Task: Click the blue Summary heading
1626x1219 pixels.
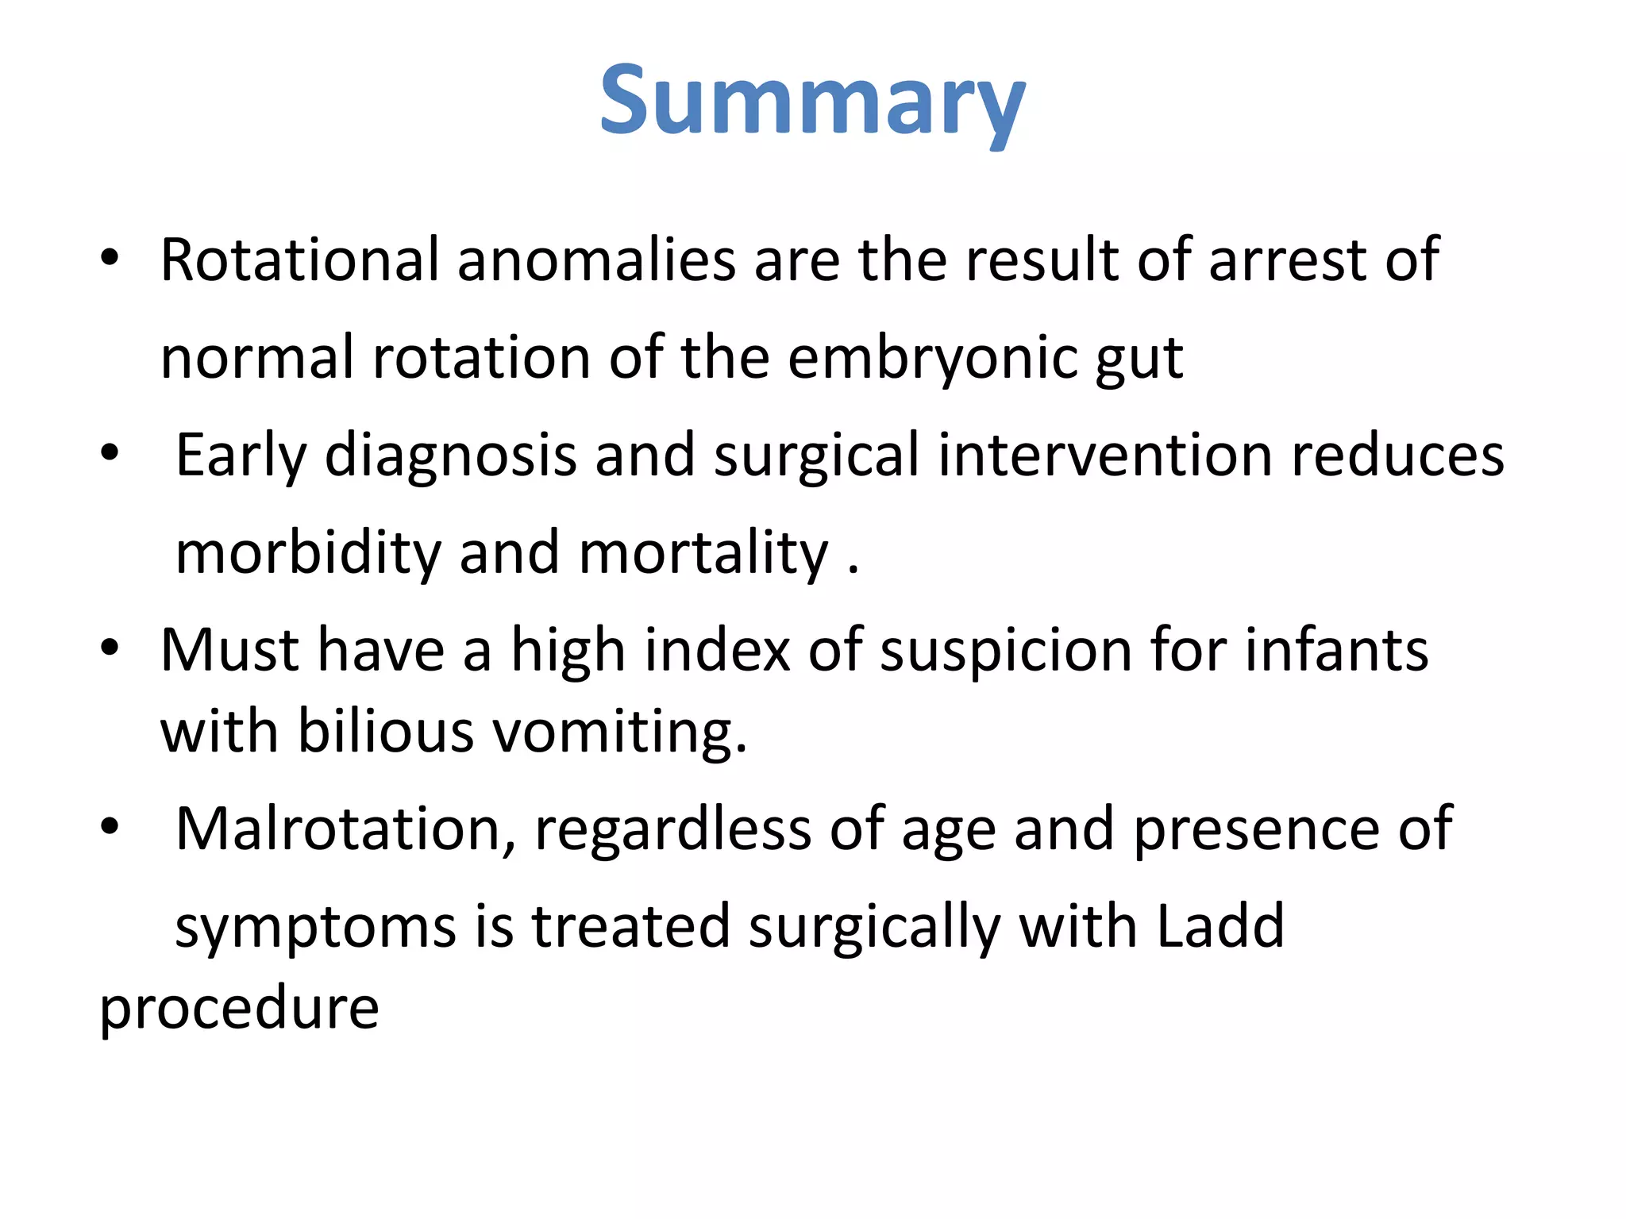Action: click(x=812, y=103)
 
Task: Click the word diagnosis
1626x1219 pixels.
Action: click(x=450, y=456)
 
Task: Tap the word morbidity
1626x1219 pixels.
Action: click(x=307, y=553)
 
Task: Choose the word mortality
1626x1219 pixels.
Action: click(x=703, y=553)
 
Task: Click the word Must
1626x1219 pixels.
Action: click(x=230, y=651)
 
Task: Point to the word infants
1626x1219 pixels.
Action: click(x=1336, y=651)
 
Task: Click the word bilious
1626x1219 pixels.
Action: click(x=386, y=731)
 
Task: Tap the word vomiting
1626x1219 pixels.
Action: click(x=620, y=733)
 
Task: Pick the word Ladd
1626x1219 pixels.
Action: click(x=1219, y=926)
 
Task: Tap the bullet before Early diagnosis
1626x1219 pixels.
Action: click(x=110, y=453)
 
